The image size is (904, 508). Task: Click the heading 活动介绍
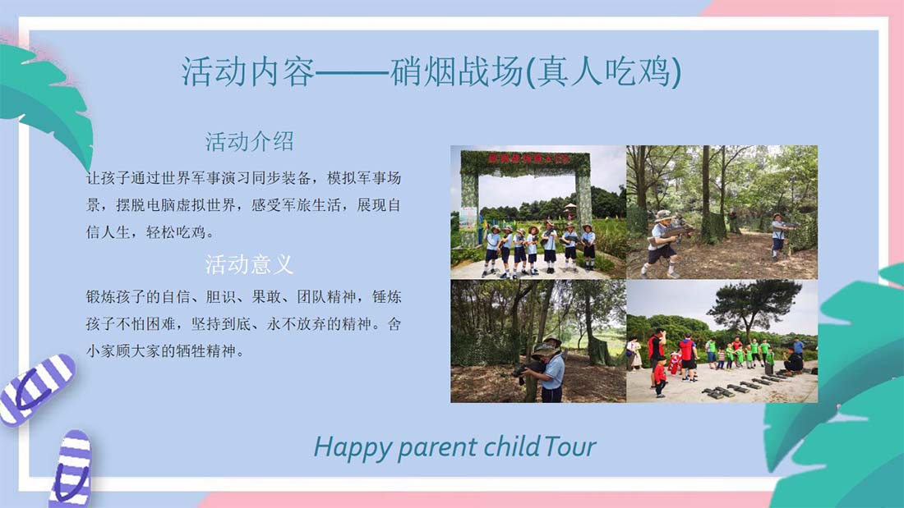tap(250, 142)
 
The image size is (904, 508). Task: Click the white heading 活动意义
tap(250, 264)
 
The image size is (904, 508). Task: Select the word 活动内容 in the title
tap(248, 72)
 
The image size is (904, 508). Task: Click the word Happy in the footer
tap(353, 447)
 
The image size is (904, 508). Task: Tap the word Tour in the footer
tap(570, 447)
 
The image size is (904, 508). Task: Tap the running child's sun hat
tap(663, 215)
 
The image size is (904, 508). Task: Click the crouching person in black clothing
tap(794, 361)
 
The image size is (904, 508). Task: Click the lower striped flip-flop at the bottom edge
tap(72, 469)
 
